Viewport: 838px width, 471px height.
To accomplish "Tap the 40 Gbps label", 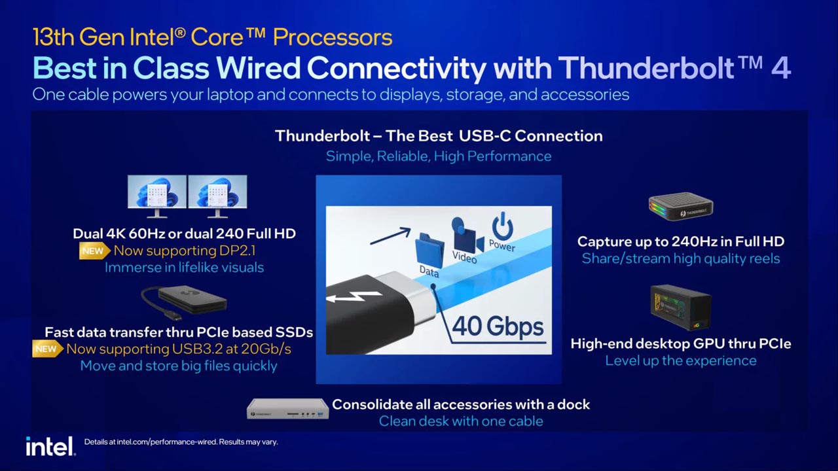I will point(498,325).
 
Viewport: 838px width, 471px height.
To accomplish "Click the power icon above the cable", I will point(502,228).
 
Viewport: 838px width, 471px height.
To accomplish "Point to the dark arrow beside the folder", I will point(390,236).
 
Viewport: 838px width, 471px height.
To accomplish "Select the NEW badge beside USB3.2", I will point(46,349).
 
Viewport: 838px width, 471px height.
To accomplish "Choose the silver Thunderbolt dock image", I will point(287,410).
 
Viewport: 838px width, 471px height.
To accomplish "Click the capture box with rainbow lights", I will point(680,207).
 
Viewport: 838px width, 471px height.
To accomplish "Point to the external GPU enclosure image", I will point(680,307).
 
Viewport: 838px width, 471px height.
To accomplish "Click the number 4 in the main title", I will point(780,68).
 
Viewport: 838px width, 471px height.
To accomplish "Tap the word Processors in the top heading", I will point(333,37).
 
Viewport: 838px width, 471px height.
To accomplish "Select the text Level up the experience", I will point(680,360).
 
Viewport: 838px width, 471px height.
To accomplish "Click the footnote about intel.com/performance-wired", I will point(181,442).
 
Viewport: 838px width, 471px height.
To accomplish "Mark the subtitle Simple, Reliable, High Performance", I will point(439,156).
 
